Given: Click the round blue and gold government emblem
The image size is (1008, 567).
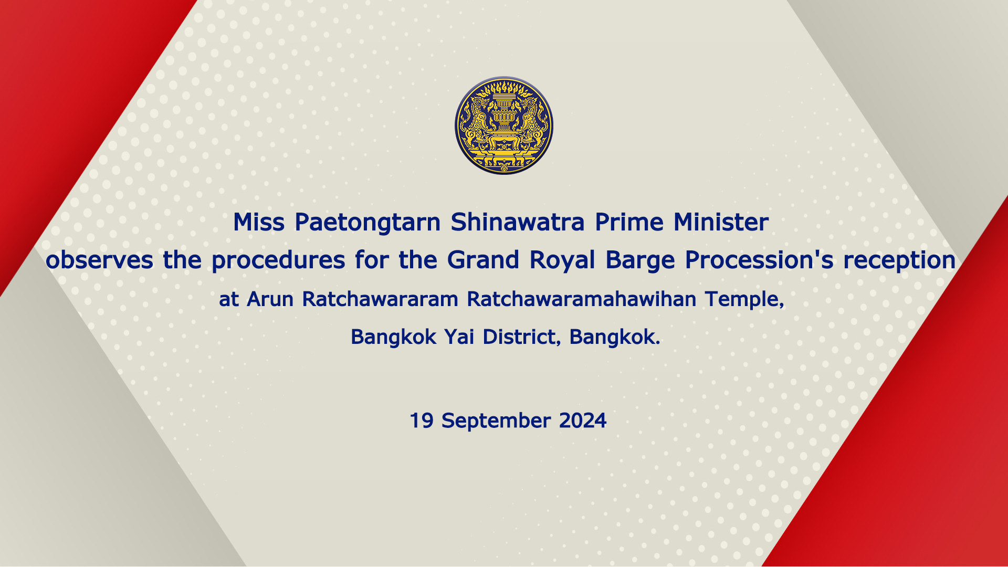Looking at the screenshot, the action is tap(504, 125).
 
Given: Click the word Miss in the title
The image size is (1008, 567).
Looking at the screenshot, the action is tap(259, 222).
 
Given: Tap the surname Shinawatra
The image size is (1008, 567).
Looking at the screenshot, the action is tap(518, 222).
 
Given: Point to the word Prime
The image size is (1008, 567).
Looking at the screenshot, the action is tap(629, 222).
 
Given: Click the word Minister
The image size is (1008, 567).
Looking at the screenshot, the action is tap(721, 222).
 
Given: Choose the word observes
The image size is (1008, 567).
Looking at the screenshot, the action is tap(100, 260).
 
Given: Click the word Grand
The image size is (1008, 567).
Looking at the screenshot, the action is tap(483, 260).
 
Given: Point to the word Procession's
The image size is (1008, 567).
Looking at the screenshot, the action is tap(759, 260).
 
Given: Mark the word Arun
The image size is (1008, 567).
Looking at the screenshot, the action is tap(270, 299).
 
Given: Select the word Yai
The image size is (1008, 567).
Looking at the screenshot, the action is tap(459, 337).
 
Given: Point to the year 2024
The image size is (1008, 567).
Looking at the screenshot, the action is tap(583, 421).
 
